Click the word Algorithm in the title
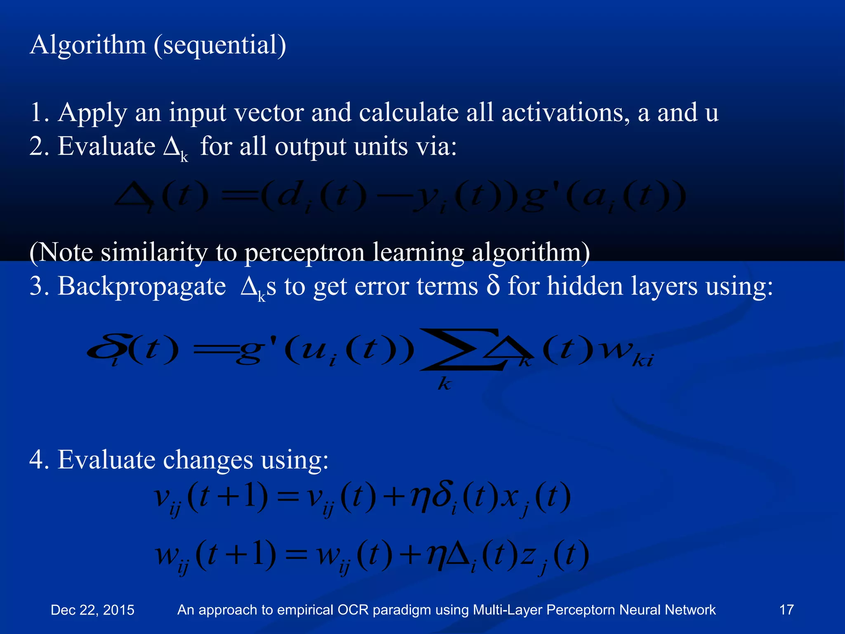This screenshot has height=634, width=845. pyautogui.click(x=88, y=45)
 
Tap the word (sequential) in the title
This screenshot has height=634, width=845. pyautogui.click(x=220, y=45)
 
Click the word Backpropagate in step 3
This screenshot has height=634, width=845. pyautogui.click(x=142, y=286)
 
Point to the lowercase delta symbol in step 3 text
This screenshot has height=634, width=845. pyautogui.click(x=493, y=286)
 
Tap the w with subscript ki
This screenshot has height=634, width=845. pyautogui.click(x=627, y=353)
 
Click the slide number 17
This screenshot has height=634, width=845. pyautogui.click(x=786, y=610)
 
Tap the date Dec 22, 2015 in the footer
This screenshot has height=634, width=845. pyautogui.click(x=92, y=610)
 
